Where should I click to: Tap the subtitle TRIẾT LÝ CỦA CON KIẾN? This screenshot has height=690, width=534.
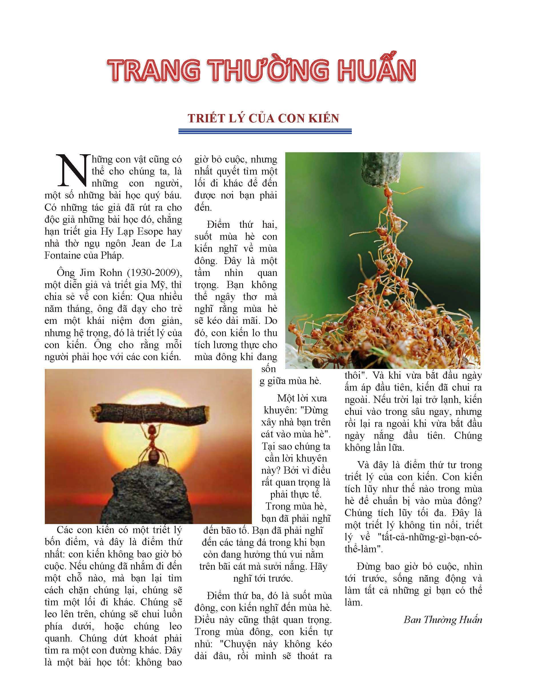pyautogui.click(x=263, y=118)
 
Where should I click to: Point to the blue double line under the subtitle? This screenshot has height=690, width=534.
pyautogui.click(x=265, y=131)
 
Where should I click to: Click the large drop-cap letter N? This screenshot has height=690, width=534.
pyautogui.click(x=71, y=171)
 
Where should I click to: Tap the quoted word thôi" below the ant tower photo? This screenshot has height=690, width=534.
pyautogui.click(x=357, y=375)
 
